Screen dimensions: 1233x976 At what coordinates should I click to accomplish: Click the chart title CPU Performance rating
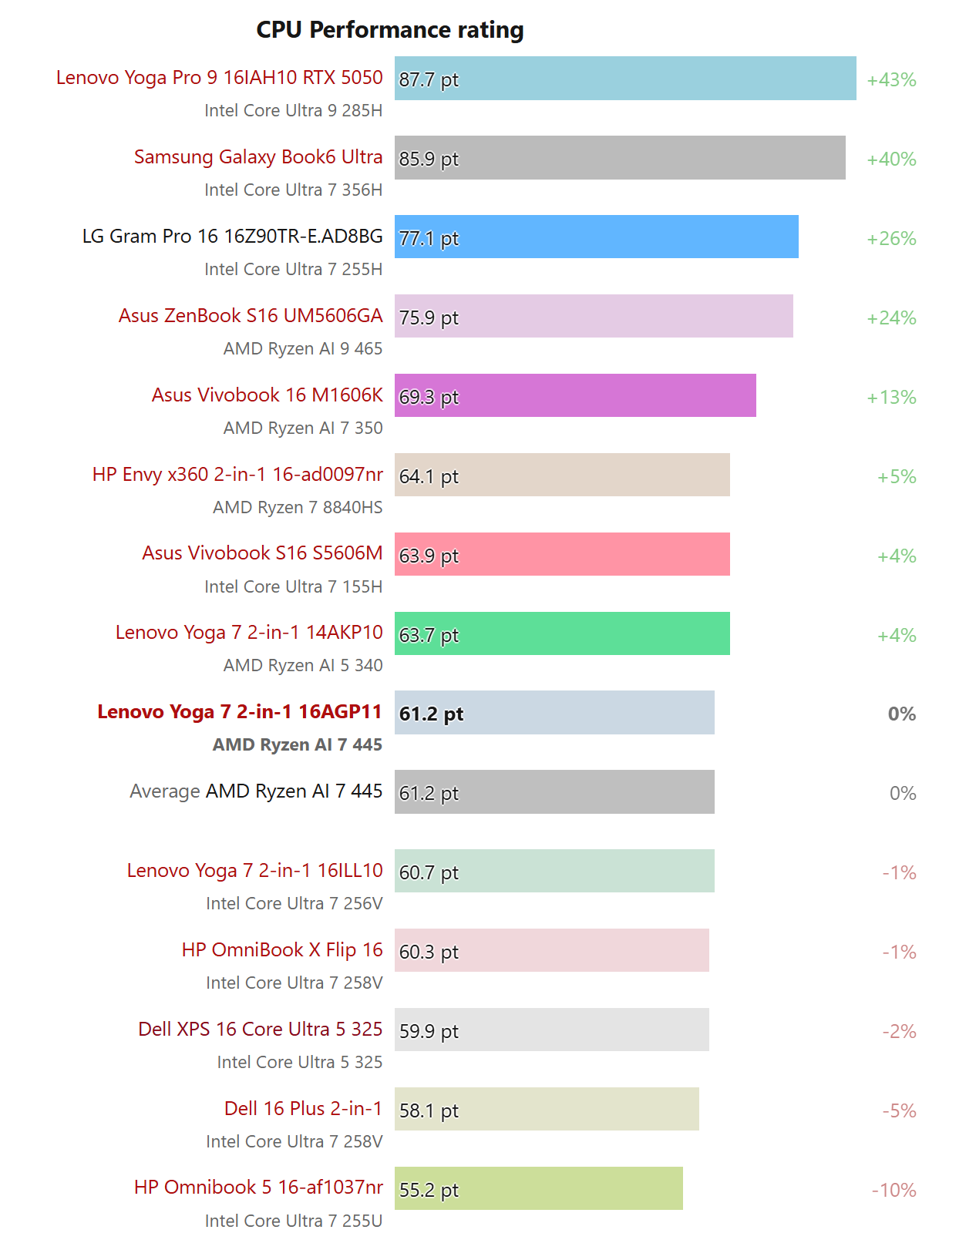coord(389,30)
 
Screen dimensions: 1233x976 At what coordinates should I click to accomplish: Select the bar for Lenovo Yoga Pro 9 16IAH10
coord(624,79)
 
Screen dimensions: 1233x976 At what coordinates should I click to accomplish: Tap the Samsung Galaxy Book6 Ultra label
coord(258,157)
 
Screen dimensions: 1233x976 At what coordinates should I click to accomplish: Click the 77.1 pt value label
coord(429,238)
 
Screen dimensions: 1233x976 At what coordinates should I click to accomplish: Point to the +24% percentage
coord(891,317)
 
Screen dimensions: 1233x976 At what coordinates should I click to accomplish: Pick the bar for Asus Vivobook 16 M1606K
coord(574,396)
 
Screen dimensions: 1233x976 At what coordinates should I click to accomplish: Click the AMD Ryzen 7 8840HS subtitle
coord(298,507)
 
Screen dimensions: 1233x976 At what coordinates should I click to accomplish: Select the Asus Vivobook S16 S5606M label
coord(262,553)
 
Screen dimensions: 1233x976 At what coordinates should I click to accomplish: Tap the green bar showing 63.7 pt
coord(561,634)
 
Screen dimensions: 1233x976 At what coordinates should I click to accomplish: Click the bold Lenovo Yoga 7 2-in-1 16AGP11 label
coord(240,712)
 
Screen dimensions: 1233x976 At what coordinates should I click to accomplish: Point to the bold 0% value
coord(902,714)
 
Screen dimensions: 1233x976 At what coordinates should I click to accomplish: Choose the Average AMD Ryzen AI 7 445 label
coord(256,791)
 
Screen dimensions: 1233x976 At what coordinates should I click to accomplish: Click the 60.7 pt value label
coord(429,872)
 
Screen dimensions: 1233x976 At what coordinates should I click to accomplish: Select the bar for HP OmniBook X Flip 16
coord(551,951)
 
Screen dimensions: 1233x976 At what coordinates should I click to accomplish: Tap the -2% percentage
coord(899,1031)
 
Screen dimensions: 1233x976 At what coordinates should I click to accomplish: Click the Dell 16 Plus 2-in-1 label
coord(303,1109)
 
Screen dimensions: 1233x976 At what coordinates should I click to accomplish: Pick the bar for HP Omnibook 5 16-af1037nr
coord(538,1189)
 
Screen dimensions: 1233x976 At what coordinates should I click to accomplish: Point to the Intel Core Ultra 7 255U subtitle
coord(294,1221)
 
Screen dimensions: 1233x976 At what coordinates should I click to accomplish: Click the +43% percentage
coord(891,79)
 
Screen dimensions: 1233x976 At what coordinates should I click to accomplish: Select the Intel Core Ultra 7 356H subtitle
coord(294,190)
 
